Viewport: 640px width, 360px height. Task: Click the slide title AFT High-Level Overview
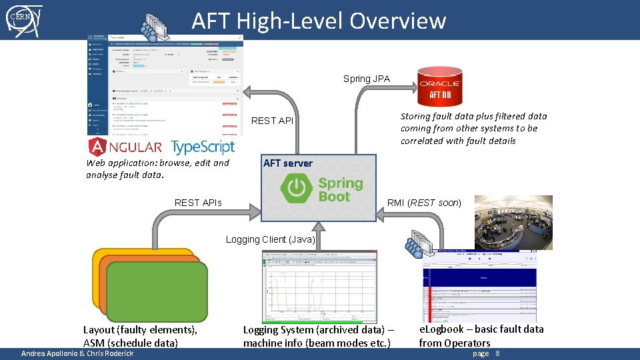click(x=319, y=21)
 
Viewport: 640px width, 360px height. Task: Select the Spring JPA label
click(x=366, y=79)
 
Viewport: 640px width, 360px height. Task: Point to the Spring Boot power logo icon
click(x=293, y=188)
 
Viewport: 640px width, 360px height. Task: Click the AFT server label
click(x=287, y=163)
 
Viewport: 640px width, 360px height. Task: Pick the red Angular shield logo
click(x=98, y=147)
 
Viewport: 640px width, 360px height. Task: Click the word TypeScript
click(x=203, y=147)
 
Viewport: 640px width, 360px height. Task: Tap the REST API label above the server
click(x=271, y=121)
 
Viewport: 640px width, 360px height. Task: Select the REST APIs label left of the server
click(x=198, y=202)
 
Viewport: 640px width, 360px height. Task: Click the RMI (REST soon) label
click(x=424, y=202)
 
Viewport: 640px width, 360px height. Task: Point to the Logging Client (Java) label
click(x=270, y=239)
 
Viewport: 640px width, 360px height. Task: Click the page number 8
click(x=497, y=353)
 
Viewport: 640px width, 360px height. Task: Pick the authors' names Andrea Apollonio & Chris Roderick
click(x=77, y=353)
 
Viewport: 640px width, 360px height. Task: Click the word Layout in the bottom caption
click(x=99, y=329)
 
